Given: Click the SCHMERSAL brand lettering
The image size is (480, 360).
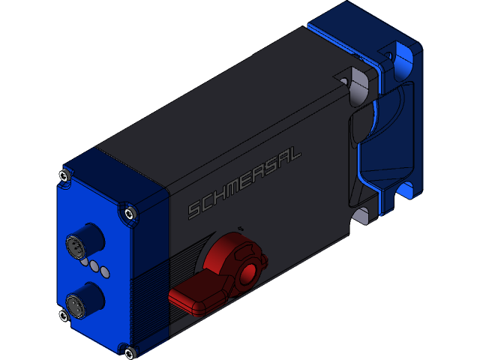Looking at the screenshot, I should click(244, 181).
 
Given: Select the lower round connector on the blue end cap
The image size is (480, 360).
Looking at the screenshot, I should click(75, 304).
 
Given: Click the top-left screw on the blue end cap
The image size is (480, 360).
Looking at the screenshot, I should click(63, 177).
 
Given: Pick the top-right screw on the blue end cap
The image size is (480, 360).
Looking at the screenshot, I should click(131, 214).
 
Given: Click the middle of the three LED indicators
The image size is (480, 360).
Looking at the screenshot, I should click(95, 265).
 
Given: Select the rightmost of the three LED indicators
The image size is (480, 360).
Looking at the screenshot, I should click(105, 271).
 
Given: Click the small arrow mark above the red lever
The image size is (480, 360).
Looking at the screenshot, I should click(239, 226).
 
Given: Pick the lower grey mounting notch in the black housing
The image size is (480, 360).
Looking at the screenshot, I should click(361, 216).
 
